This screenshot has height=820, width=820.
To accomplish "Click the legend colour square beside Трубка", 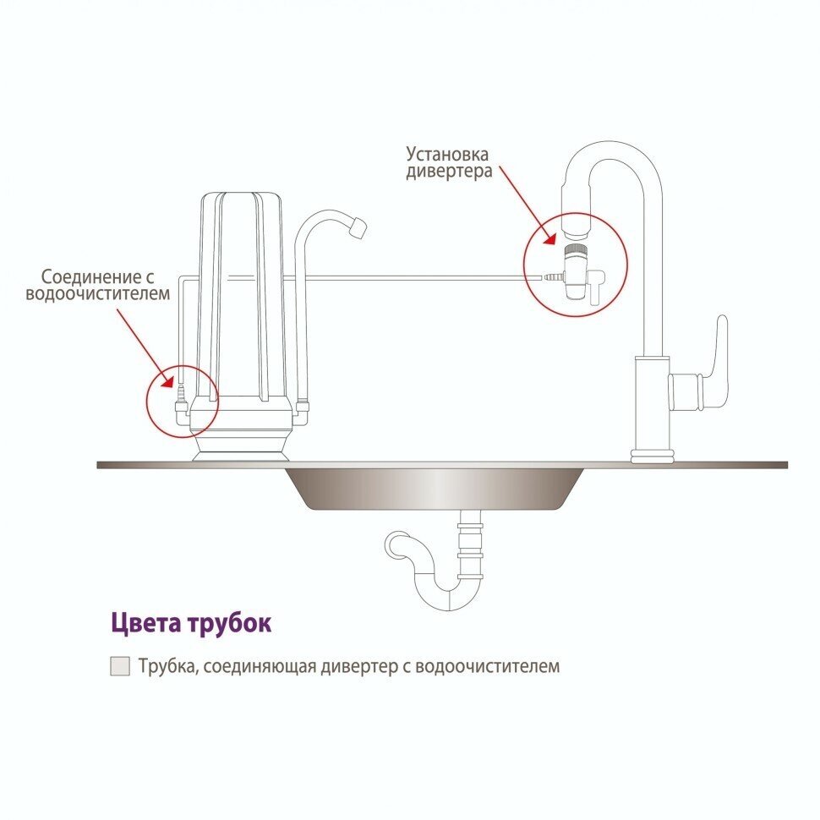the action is click(x=121, y=666).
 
